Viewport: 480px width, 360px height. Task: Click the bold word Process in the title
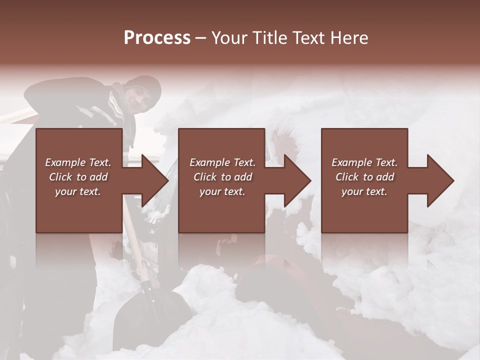[x=157, y=38]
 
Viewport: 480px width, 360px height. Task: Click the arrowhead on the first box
[x=152, y=180]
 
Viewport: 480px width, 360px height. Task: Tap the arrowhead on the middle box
[x=295, y=180]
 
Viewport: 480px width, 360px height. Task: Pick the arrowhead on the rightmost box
[x=438, y=180]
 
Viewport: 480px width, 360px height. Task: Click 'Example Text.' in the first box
[x=78, y=162]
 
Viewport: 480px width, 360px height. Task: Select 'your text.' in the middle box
[x=222, y=191]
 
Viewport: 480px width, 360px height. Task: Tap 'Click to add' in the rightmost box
[x=364, y=177]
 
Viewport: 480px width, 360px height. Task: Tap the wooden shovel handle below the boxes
[x=137, y=255]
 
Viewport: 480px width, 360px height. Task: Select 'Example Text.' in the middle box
[x=222, y=162]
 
